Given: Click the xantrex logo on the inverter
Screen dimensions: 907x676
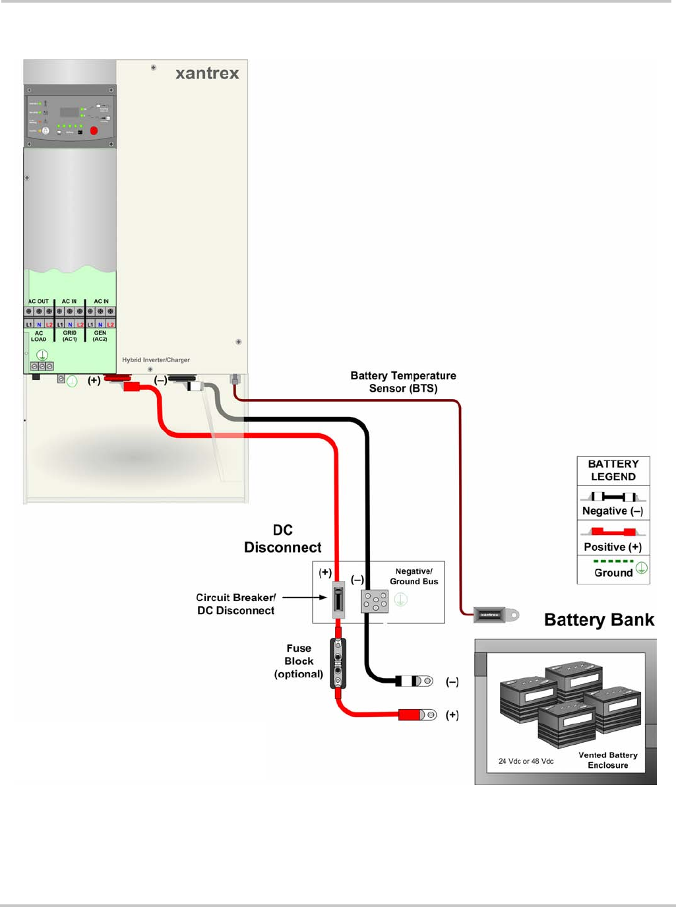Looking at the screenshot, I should click(x=207, y=73).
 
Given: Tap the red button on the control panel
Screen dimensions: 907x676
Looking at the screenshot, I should click(x=94, y=131).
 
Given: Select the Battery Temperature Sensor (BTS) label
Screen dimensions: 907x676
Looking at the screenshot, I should click(x=403, y=382).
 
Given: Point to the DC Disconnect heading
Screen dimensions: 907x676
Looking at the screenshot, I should click(x=283, y=539).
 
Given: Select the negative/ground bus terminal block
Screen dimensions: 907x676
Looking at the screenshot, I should click(x=375, y=601).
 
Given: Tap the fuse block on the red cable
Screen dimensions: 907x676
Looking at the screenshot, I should click(x=338, y=663).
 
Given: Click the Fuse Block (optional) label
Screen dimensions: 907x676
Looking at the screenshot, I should click(x=299, y=661).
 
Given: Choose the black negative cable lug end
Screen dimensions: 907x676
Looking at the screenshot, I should click(x=415, y=681).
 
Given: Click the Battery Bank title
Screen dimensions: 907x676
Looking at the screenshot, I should click(x=599, y=620).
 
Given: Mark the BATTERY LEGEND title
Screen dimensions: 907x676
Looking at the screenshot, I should click(x=613, y=470).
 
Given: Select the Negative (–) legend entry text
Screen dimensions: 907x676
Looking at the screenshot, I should click(x=612, y=511).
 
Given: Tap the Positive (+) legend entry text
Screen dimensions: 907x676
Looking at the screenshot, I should click(x=613, y=547).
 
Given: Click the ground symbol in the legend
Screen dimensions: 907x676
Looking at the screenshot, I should click(x=642, y=568).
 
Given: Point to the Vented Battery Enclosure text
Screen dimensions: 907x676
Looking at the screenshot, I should click(x=608, y=760).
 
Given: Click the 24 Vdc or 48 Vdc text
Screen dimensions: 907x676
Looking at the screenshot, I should click(x=526, y=761).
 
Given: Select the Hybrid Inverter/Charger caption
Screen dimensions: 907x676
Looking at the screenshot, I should click(x=156, y=360).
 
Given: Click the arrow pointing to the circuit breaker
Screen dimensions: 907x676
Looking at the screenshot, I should click(x=305, y=598).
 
